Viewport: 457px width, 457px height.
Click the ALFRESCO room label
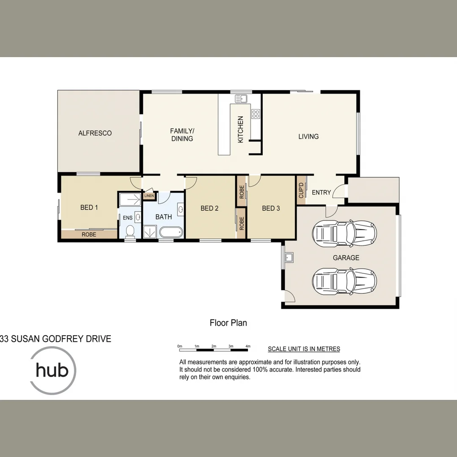[95, 133]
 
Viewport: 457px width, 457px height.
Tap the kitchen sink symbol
[241, 99]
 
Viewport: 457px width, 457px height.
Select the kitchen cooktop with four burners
[256, 113]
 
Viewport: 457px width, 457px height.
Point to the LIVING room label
[308, 137]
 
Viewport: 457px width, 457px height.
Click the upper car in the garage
[344, 232]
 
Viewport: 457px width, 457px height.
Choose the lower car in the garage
[344, 280]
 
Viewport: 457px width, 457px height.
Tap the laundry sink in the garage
[289, 257]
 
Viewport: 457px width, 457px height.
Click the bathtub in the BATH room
[171, 232]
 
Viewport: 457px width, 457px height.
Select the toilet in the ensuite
[130, 231]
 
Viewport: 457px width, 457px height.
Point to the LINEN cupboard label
[149, 196]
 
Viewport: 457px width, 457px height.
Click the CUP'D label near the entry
[301, 191]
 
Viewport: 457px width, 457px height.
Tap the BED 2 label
[209, 208]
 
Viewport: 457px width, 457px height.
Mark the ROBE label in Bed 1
[89, 234]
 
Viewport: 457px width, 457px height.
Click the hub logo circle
[52, 371]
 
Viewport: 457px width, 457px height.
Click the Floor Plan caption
[228, 323]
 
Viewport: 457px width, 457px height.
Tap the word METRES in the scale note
[328, 349]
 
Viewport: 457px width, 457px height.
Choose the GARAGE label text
[346, 258]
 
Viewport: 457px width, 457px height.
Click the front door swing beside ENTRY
[339, 192]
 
